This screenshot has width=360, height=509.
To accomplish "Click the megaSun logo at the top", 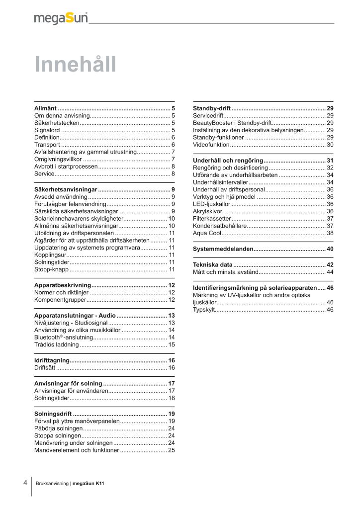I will pos(61,18).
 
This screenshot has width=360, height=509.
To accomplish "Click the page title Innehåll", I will pos(75,65).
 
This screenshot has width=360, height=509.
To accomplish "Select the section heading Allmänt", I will pos(45,108).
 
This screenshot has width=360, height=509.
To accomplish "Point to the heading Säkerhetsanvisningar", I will pos(66,189).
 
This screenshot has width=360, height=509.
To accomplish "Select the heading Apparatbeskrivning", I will pos(63,285).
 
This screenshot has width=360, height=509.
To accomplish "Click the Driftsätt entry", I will pos(45,368).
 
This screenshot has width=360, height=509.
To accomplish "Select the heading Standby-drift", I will pos(212,108).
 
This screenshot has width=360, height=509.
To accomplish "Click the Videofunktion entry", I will pos(211,145).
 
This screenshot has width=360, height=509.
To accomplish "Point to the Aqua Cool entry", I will pos(207,233).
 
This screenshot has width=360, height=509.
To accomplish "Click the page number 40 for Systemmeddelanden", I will pos(330,249).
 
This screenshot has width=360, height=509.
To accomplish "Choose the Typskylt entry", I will pos(204,310).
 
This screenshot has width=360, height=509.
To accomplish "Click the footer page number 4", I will pos(25,483).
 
